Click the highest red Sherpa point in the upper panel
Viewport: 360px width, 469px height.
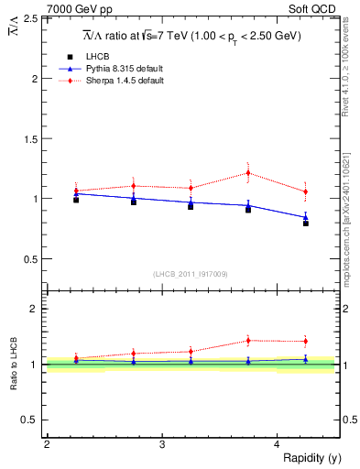coord(248,172)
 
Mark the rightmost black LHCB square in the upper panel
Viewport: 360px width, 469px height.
coord(306,223)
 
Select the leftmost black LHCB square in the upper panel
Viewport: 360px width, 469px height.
coord(75,200)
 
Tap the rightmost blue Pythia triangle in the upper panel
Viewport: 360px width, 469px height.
coord(306,217)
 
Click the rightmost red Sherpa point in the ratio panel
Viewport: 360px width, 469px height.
coord(306,342)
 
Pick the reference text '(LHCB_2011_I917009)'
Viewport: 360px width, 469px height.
coord(191,274)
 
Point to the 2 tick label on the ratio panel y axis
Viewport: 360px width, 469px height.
coord(34,309)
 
